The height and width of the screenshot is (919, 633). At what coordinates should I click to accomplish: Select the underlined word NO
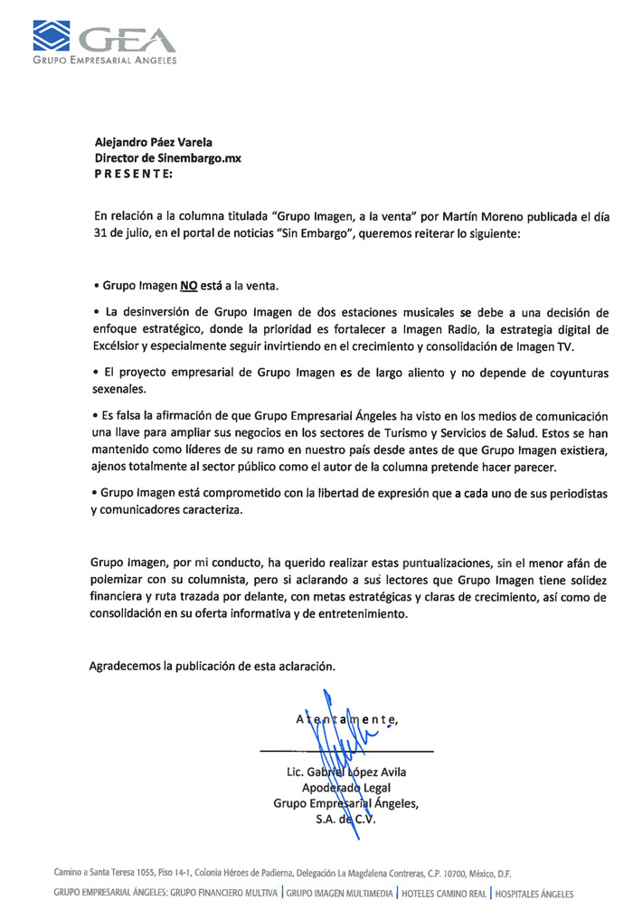pos(188,286)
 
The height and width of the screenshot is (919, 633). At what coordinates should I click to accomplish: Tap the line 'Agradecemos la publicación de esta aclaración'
pos(213,667)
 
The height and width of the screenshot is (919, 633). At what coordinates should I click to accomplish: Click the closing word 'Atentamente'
pos(346,720)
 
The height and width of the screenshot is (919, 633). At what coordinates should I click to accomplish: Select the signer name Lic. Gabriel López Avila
pos(345,772)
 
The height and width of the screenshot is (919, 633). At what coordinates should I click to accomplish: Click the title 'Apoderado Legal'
pos(345,788)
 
